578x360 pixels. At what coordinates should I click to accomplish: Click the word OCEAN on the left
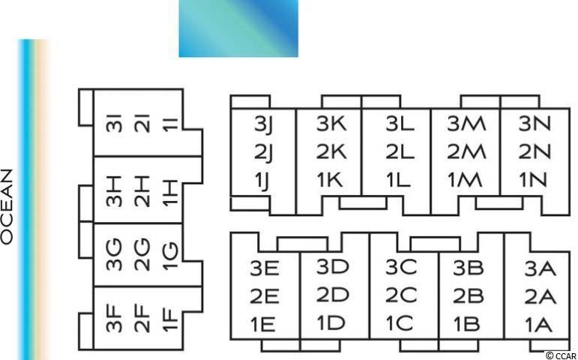coord(7,206)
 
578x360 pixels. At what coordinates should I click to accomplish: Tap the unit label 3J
coord(263,124)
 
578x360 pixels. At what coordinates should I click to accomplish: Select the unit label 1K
coord(329,179)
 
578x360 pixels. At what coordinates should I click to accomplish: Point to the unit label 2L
coord(400,151)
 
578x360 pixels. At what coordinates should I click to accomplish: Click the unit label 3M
coord(466,124)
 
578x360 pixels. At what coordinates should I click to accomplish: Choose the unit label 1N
coord(535,179)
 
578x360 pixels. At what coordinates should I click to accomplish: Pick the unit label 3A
coord(540,268)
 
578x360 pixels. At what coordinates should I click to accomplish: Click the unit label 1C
coord(400,323)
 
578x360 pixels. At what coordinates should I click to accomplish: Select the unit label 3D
coord(332,267)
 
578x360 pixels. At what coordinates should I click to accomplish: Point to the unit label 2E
coord(265,295)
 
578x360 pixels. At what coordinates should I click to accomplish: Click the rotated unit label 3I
coord(114,124)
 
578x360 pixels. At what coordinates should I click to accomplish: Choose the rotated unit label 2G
coord(143,254)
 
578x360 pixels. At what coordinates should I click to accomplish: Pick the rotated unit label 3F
coord(114,318)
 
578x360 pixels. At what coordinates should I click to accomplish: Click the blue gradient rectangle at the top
coord(238,28)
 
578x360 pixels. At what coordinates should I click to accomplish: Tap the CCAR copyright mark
coord(560,355)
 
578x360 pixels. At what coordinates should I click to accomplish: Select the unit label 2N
coord(535,151)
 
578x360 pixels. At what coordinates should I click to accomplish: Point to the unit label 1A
coord(539,324)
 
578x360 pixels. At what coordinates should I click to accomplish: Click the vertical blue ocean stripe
coord(28,199)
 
